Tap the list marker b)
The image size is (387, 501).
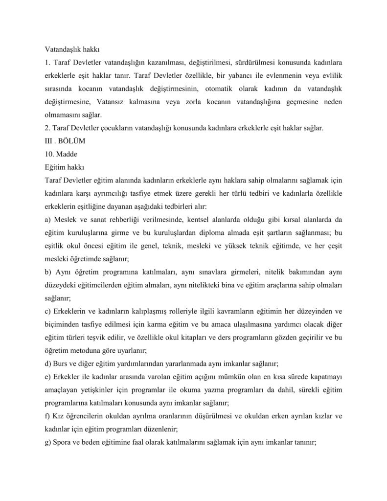pos(48,271)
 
